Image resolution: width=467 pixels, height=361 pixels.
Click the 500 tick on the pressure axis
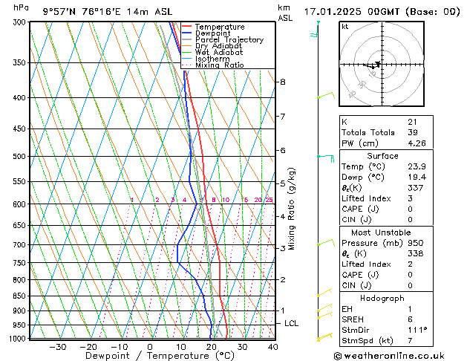(21, 157)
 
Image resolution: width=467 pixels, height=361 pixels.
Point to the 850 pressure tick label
(21, 296)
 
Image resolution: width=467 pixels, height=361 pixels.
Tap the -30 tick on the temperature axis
(57, 347)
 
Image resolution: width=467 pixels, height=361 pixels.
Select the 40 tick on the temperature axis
(272, 347)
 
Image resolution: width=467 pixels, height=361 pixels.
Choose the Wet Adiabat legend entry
(219, 52)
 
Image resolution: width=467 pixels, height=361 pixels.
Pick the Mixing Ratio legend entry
(219, 65)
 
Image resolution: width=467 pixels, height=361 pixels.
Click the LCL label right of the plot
(291, 324)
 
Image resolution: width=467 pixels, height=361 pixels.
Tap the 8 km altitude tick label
(282, 82)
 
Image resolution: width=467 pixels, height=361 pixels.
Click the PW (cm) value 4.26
(417, 143)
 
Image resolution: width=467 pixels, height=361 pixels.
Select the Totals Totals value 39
(412, 132)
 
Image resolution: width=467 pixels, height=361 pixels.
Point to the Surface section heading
(382, 156)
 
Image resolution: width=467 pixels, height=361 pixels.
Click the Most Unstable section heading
(382, 232)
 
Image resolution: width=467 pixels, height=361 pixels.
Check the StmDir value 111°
(417, 330)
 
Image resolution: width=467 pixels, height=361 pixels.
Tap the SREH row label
(352, 319)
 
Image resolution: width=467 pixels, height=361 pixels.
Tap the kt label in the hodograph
(345, 27)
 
